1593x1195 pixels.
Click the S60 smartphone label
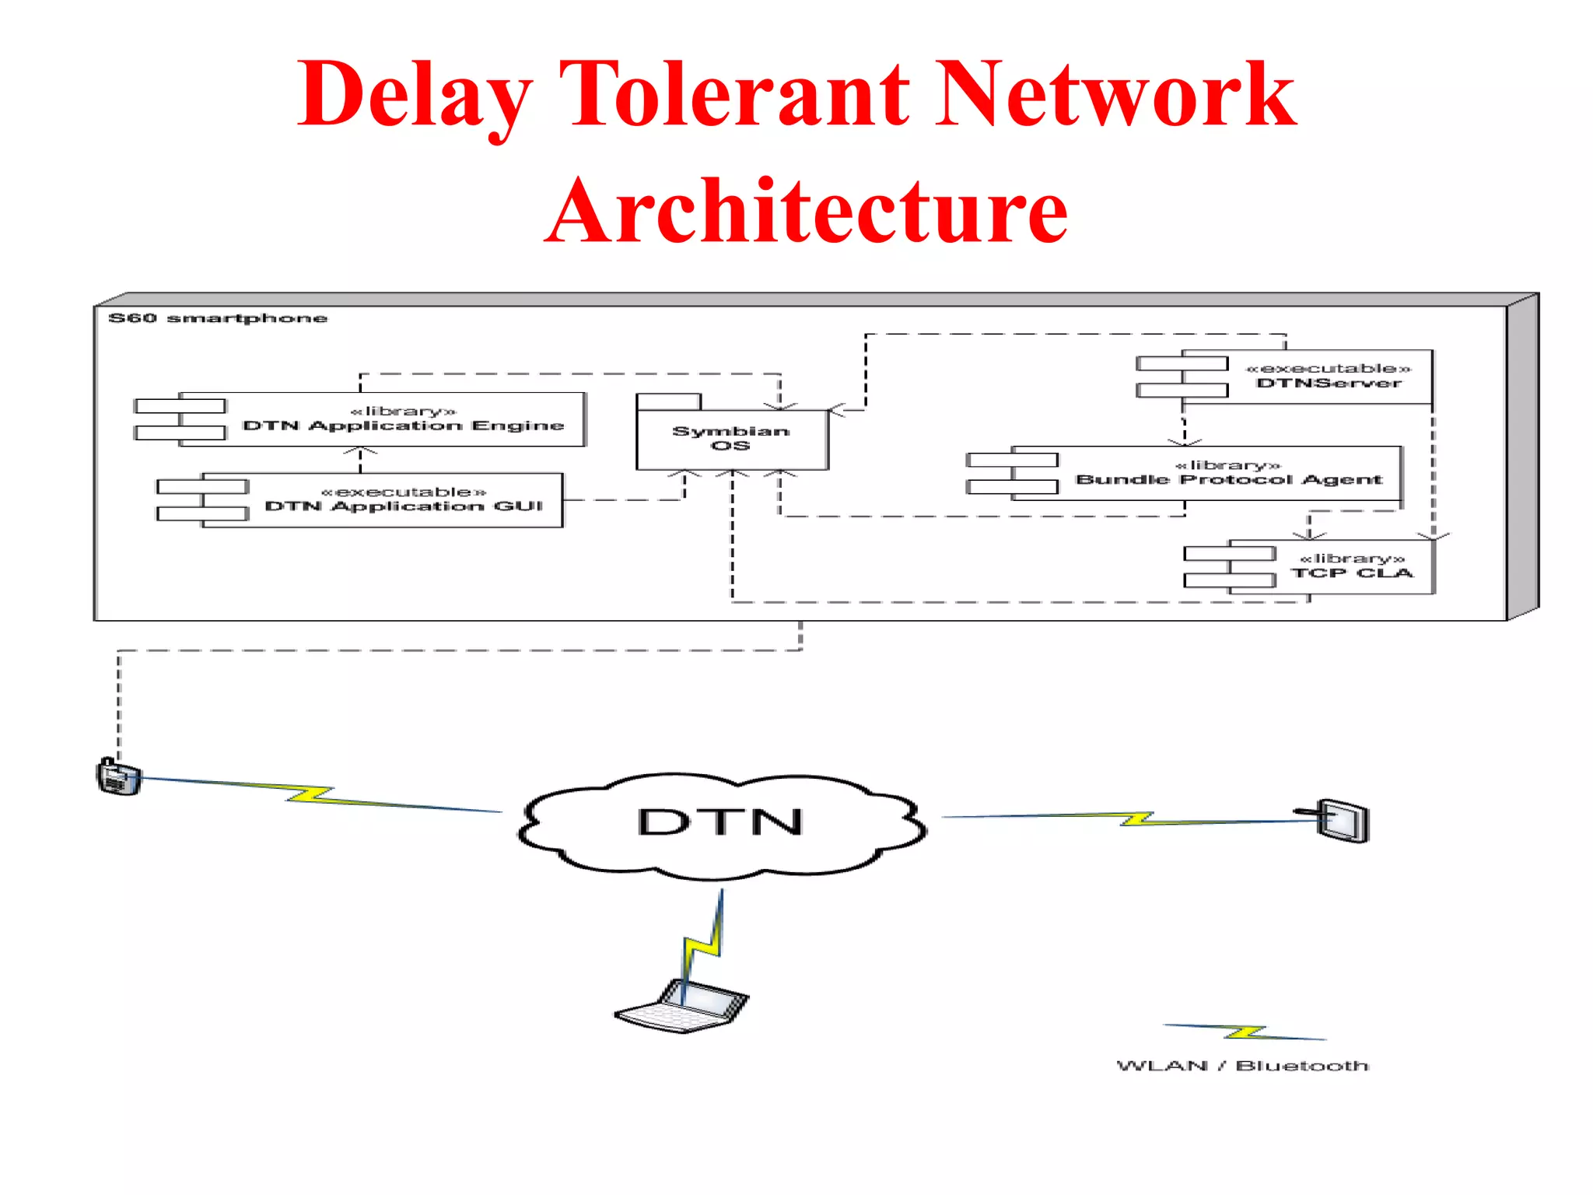(218, 318)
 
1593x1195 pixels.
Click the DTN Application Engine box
(403, 419)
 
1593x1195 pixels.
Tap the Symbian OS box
(731, 439)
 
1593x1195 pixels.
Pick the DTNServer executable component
(1329, 377)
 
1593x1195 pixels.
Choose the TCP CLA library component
(1352, 566)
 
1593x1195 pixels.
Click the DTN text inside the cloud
(720, 822)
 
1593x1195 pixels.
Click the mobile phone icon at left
(118, 776)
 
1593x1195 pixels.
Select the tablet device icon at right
(1343, 820)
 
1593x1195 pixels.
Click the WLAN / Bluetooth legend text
(1242, 1065)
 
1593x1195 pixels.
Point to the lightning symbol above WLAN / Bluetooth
(1245, 1032)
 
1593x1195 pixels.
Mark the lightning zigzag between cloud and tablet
(1137, 818)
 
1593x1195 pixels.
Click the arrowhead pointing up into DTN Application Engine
(360, 450)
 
